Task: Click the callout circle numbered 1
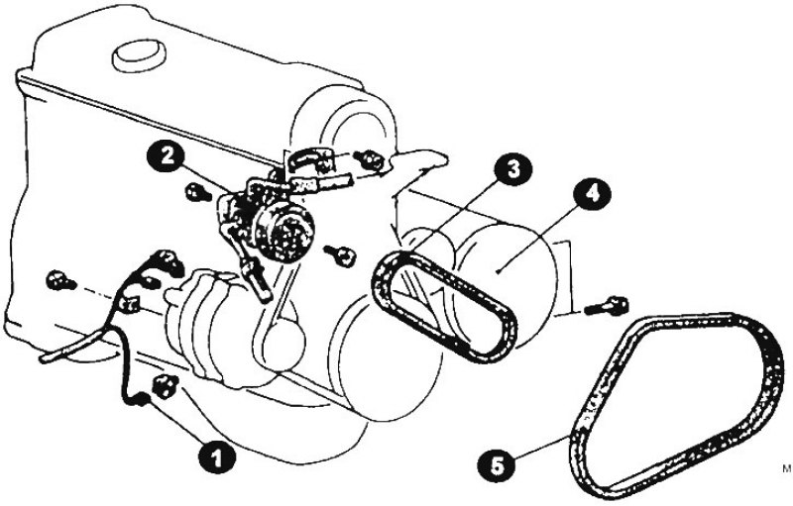coord(216,457)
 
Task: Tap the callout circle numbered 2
coord(167,156)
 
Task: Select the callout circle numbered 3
coord(513,168)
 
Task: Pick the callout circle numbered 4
coord(592,194)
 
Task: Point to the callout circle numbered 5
coord(498,465)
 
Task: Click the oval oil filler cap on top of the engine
coord(140,55)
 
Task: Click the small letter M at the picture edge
coord(786,468)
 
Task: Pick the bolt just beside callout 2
coord(198,192)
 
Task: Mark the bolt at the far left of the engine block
coord(60,281)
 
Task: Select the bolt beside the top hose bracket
coord(371,159)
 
